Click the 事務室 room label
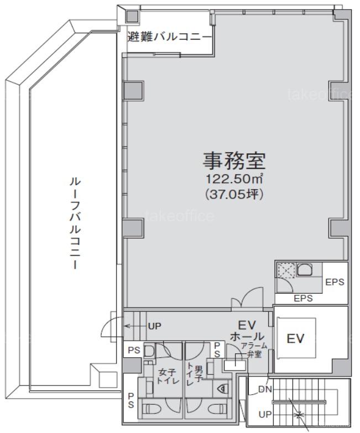(x=234, y=161)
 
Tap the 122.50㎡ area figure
(x=234, y=179)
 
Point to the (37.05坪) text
(x=234, y=195)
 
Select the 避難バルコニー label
(x=169, y=36)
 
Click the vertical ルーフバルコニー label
(x=75, y=223)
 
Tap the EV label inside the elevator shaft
(x=295, y=338)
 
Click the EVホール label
(x=247, y=331)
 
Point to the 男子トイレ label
(x=195, y=375)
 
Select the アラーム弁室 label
(x=254, y=350)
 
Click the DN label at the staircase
(x=265, y=389)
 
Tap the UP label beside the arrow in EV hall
(x=155, y=326)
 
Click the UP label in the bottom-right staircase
(x=265, y=414)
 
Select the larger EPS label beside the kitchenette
(x=335, y=282)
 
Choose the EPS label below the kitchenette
(x=303, y=298)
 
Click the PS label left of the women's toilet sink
(x=134, y=350)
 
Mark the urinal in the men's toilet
(x=223, y=389)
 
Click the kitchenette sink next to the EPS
(x=305, y=270)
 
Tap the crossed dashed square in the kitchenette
(x=286, y=270)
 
